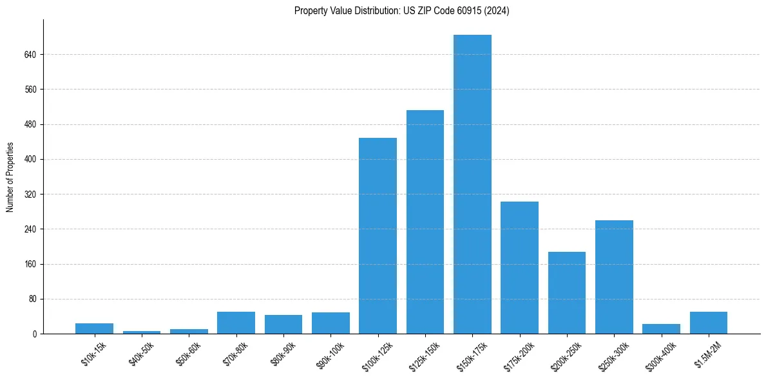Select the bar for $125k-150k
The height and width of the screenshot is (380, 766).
tap(425, 222)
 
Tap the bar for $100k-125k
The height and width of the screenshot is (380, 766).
tap(378, 236)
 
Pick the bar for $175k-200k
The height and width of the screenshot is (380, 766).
tap(519, 267)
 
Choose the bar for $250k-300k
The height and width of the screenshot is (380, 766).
tap(614, 277)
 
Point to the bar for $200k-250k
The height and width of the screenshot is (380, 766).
tap(567, 292)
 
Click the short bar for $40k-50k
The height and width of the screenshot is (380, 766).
tap(142, 332)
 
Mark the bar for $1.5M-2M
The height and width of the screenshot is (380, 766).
tap(709, 323)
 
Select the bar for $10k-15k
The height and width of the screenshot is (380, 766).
tap(94, 328)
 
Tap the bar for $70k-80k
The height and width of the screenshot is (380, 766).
tap(236, 323)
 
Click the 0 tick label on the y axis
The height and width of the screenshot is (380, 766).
tap(34, 334)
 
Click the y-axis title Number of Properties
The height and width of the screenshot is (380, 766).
tap(10, 177)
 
